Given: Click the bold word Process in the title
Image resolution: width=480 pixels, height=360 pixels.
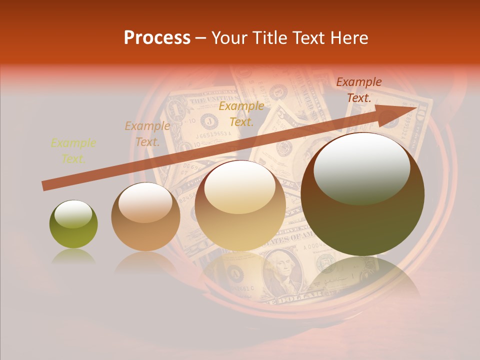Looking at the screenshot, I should pyautogui.click(x=157, y=38).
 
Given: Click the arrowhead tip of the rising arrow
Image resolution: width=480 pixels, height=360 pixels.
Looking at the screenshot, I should pyautogui.click(x=416, y=108).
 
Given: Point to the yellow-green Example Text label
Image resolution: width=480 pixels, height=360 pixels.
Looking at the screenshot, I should pyautogui.click(x=73, y=150).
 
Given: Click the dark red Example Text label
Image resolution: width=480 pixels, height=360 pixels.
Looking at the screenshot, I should pyautogui.click(x=358, y=89).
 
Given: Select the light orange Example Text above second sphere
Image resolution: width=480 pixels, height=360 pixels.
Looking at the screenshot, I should pyautogui.click(x=147, y=133).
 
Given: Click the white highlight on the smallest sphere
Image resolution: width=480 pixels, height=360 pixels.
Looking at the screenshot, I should pyautogui.click(x=73, y=214).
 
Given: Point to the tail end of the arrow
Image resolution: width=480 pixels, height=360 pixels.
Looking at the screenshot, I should pyautogui.click(x=45, y=185).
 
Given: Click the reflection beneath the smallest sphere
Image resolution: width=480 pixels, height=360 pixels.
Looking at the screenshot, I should pyautogui.click(x=73, y=257).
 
